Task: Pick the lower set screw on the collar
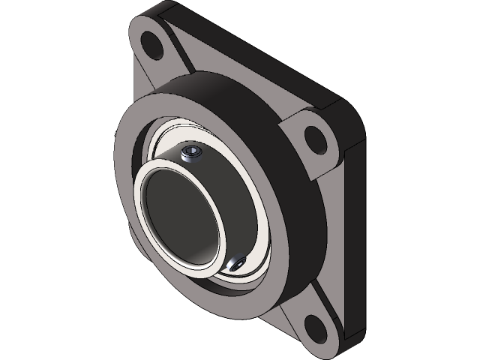pos(238,264)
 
